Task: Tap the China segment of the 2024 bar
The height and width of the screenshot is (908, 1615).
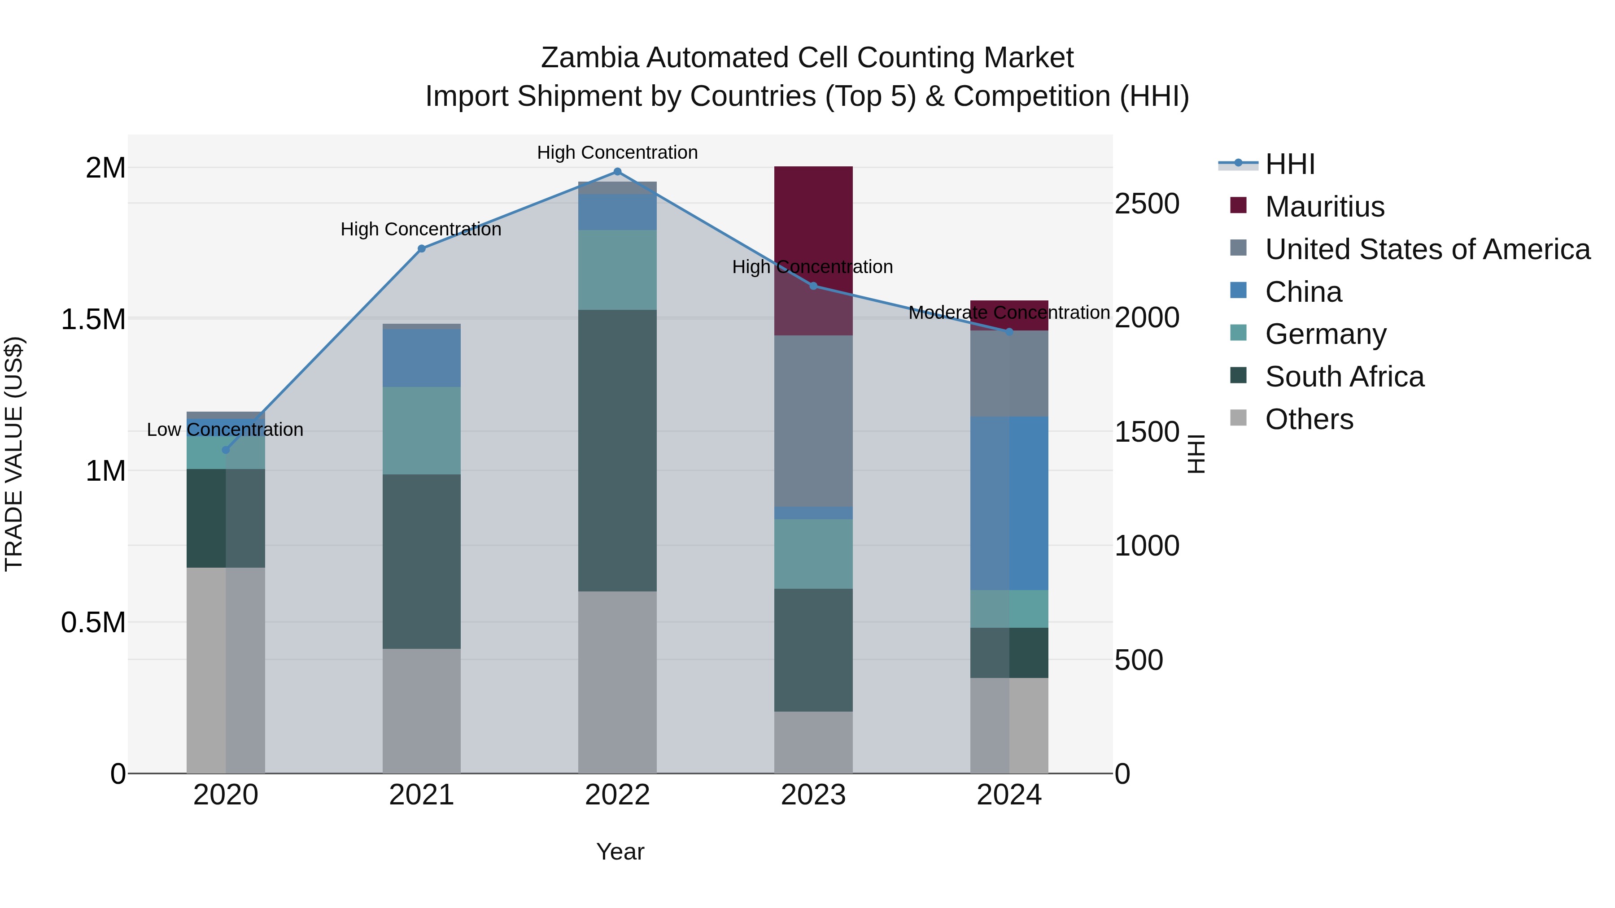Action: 1009,503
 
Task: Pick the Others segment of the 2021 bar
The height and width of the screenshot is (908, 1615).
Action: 421,711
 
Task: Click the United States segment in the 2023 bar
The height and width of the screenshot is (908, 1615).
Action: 813,421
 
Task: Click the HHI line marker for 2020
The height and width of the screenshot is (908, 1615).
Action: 226,450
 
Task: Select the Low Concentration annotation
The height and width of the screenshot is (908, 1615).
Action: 225,430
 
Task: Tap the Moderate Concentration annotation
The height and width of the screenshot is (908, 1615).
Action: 1009,312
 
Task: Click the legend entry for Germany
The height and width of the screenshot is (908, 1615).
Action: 1325,334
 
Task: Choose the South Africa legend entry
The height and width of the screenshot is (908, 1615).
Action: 1344,377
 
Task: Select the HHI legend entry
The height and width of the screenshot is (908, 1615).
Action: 1290,164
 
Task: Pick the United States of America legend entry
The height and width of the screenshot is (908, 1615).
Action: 1427,249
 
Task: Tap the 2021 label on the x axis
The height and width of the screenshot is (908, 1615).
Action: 421,795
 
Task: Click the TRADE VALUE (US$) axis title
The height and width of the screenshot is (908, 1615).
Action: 14,454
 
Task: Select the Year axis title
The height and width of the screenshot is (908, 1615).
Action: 620,852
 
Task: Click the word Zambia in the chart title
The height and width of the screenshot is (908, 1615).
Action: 589,58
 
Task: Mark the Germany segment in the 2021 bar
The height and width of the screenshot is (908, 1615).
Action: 421,430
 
